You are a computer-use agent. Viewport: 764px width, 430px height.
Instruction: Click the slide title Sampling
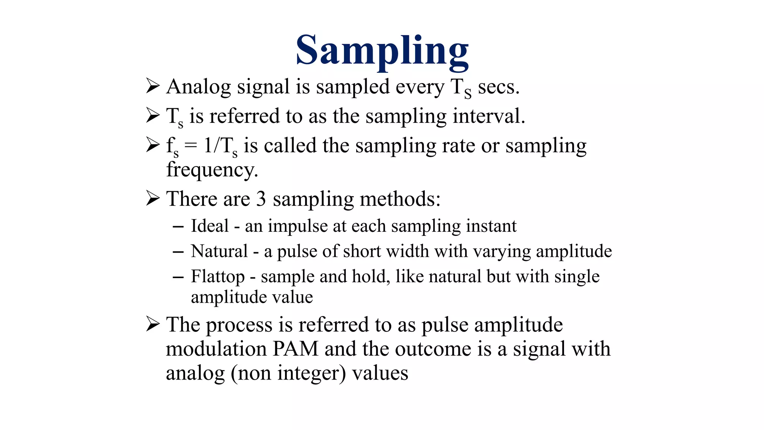382,50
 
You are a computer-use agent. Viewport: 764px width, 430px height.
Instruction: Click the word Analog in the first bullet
198,87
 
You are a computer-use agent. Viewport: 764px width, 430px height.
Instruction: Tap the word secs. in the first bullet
498,87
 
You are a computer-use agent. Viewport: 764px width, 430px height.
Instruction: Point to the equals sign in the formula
191,146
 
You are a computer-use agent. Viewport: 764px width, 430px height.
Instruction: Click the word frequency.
212,170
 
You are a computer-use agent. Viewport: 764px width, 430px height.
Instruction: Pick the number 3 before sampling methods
261,199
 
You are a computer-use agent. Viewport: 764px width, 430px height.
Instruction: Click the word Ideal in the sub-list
210,226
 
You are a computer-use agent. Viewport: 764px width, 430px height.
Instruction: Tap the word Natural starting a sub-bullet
219,251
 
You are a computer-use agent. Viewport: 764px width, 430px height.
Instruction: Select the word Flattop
218,277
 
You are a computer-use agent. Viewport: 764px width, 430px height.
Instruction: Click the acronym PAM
295,349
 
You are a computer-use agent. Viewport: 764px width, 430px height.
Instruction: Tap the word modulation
216,349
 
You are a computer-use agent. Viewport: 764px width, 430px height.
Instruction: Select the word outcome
433,349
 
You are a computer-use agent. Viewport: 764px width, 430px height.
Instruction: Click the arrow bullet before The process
153,324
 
